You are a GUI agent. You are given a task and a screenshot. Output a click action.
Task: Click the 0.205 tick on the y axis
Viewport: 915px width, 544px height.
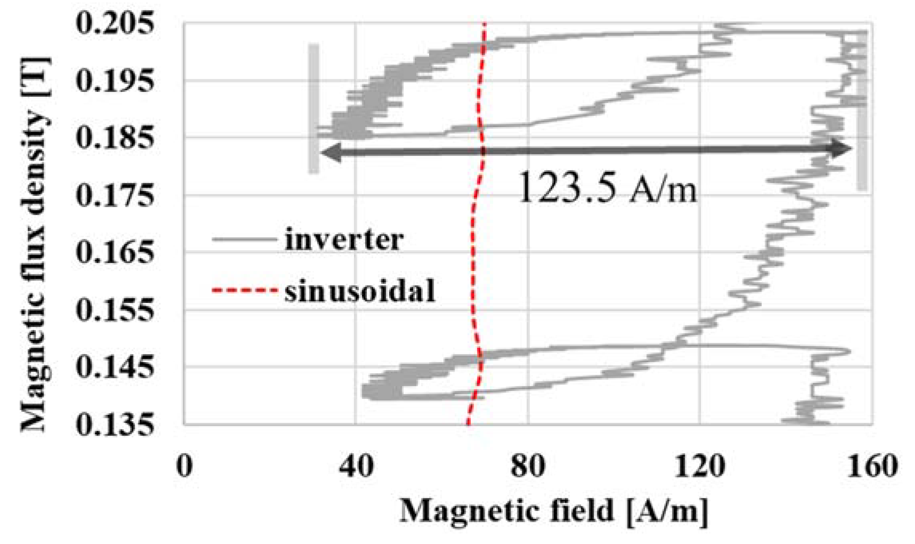pyautogui.click(x=115, y=24)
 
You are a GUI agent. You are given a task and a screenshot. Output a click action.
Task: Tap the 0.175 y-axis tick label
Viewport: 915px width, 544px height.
pyautogui.click(x=115, y=195)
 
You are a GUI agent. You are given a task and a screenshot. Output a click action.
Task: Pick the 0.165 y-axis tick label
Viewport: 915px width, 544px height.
pyautogui.click(x=115, y=253)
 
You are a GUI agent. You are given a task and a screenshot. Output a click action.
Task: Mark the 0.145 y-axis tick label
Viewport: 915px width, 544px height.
pyautogui.click(x=115, y=367)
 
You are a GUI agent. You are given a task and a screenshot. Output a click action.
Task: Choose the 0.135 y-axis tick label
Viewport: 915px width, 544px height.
pyautogui.click(x=115, y=424)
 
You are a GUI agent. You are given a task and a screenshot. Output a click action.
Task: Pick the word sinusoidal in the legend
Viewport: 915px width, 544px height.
pyautogui.click(x=360, y=291)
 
